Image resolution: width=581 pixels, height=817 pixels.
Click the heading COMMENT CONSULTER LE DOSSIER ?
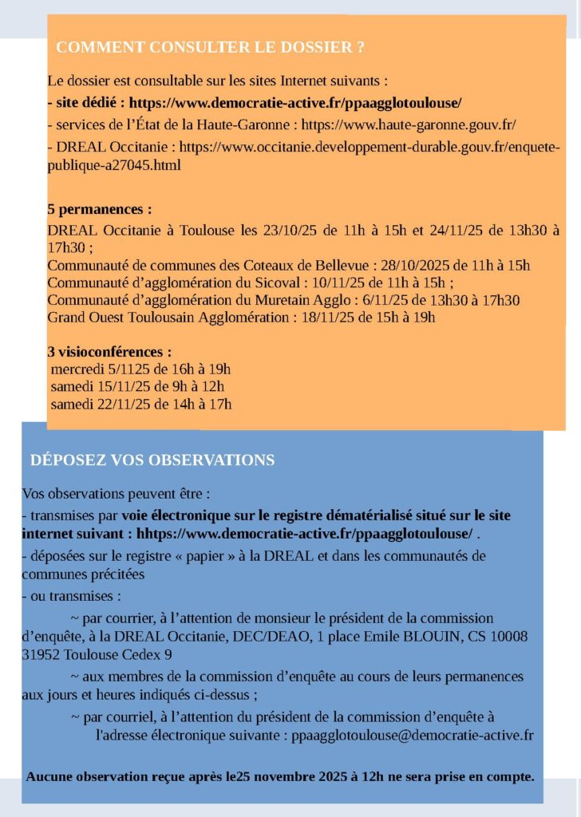(x=211, y=48)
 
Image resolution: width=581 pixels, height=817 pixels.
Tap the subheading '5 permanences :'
(x=99, y=210)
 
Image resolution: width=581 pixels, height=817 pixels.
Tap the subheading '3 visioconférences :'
(x=109, y=351)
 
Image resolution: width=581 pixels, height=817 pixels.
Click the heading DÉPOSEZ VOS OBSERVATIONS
(x=152, y=460)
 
